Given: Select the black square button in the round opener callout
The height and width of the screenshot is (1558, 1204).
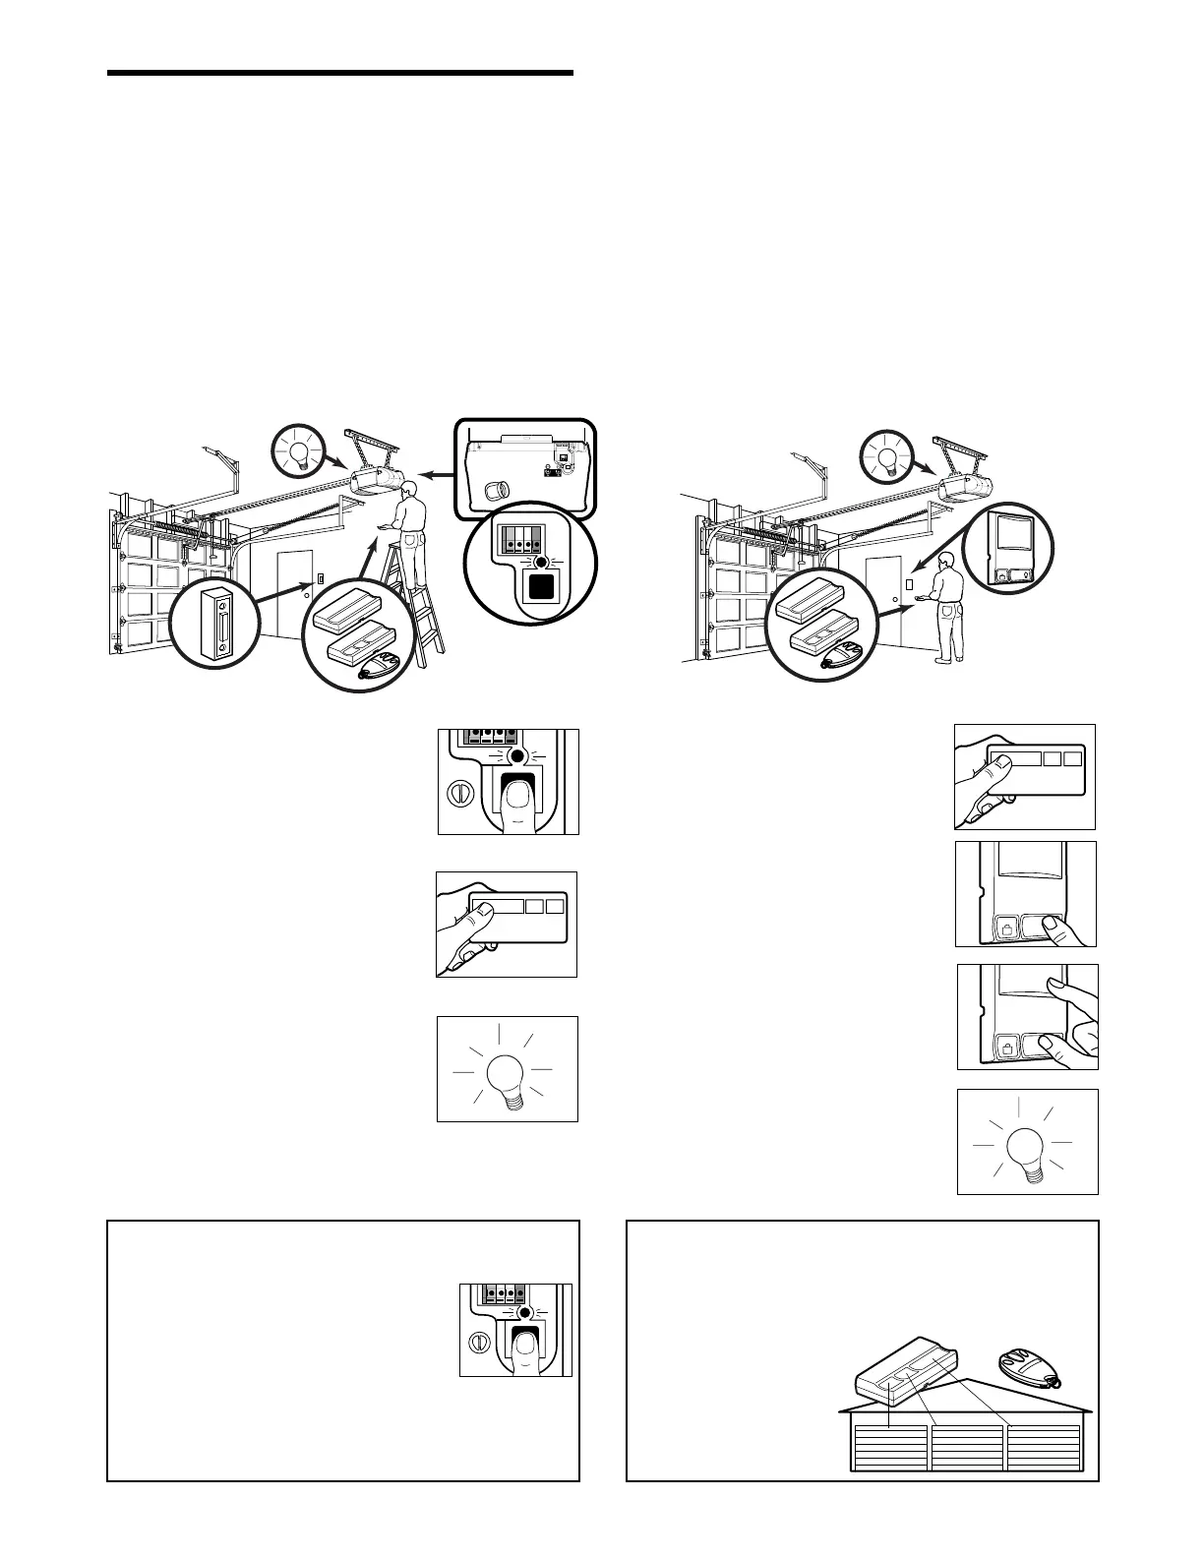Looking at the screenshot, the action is click(x=539, y=588).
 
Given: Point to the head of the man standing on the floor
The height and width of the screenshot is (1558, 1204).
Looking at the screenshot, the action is click(x=946, y=562).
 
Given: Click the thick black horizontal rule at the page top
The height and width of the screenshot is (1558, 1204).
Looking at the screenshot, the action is click(x=339, y=73).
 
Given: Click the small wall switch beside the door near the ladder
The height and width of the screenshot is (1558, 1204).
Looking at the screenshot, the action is click(x=320, y=580).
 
